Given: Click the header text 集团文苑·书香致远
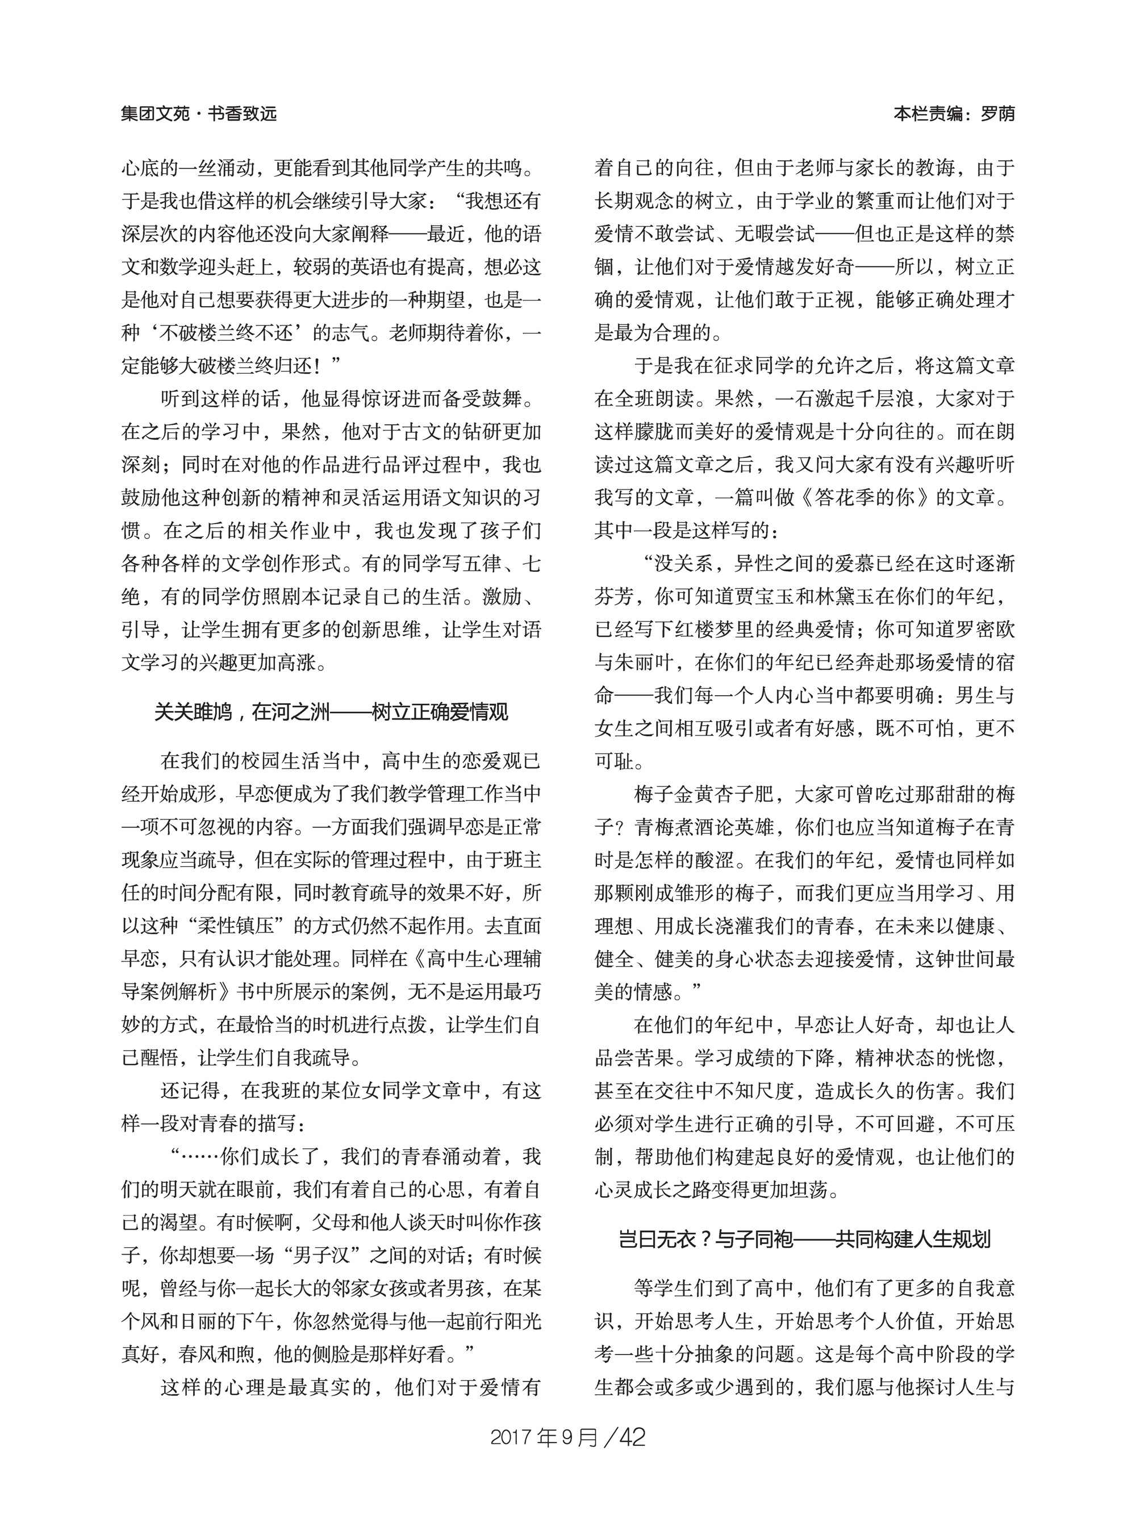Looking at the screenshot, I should click(199, 114).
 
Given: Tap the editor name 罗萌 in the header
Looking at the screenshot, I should click(997, 114).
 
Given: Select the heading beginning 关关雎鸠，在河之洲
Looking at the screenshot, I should click(331, 711).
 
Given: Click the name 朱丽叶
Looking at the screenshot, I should click(644, 662).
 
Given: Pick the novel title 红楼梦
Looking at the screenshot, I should click(725, 629).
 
